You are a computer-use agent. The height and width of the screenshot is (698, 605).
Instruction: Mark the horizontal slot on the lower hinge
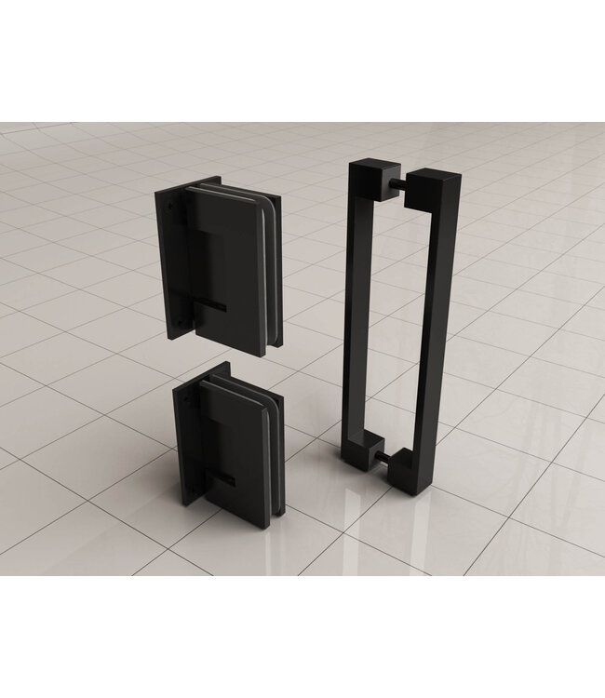click(223, 480)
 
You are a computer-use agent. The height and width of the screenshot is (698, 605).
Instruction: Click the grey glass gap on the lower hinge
click(272, 437)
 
